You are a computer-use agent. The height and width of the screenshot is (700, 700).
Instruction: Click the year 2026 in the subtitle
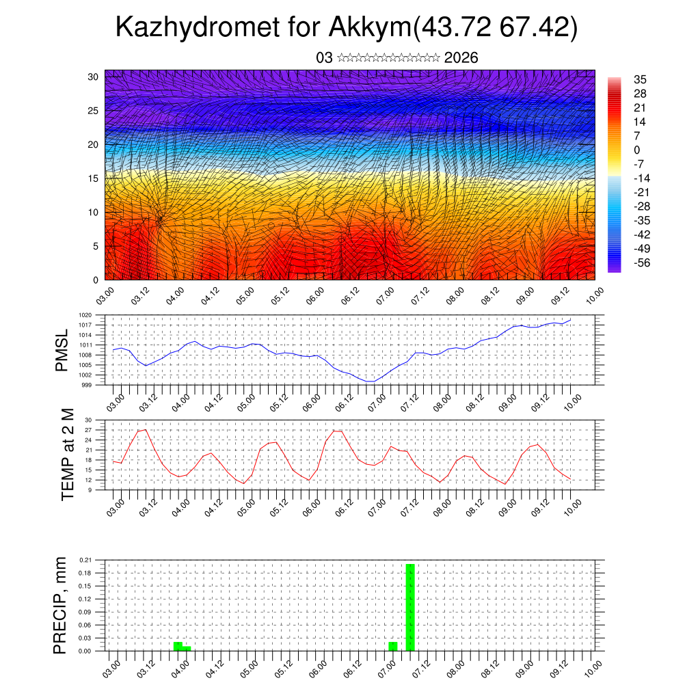[x=461, y=58]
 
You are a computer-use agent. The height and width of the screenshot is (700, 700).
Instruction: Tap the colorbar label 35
[x=641, y=79]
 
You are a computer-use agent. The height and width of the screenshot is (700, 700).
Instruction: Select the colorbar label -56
[x=642, y=262]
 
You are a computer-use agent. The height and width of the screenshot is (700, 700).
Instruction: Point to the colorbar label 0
[x=637, y=150]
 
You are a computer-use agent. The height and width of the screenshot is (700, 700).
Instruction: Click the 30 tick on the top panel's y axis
[x=94, y=77]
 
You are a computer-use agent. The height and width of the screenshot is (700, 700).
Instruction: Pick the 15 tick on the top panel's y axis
[x=94, y=178]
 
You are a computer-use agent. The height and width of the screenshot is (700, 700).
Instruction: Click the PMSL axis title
[x=62, y=349]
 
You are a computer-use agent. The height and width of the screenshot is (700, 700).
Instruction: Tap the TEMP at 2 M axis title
[x=67, y=454]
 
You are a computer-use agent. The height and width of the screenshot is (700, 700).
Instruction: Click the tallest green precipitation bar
[x=410, y=607]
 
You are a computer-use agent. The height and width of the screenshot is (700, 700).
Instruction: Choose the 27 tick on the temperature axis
[x=88, y=430]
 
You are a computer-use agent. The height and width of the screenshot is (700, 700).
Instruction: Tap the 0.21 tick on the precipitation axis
[x=85, y=560]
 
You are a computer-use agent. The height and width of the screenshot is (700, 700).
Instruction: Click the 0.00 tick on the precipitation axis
[x=85, y=651]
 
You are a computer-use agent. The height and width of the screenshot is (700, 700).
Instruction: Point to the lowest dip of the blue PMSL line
[x=370, y=381]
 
